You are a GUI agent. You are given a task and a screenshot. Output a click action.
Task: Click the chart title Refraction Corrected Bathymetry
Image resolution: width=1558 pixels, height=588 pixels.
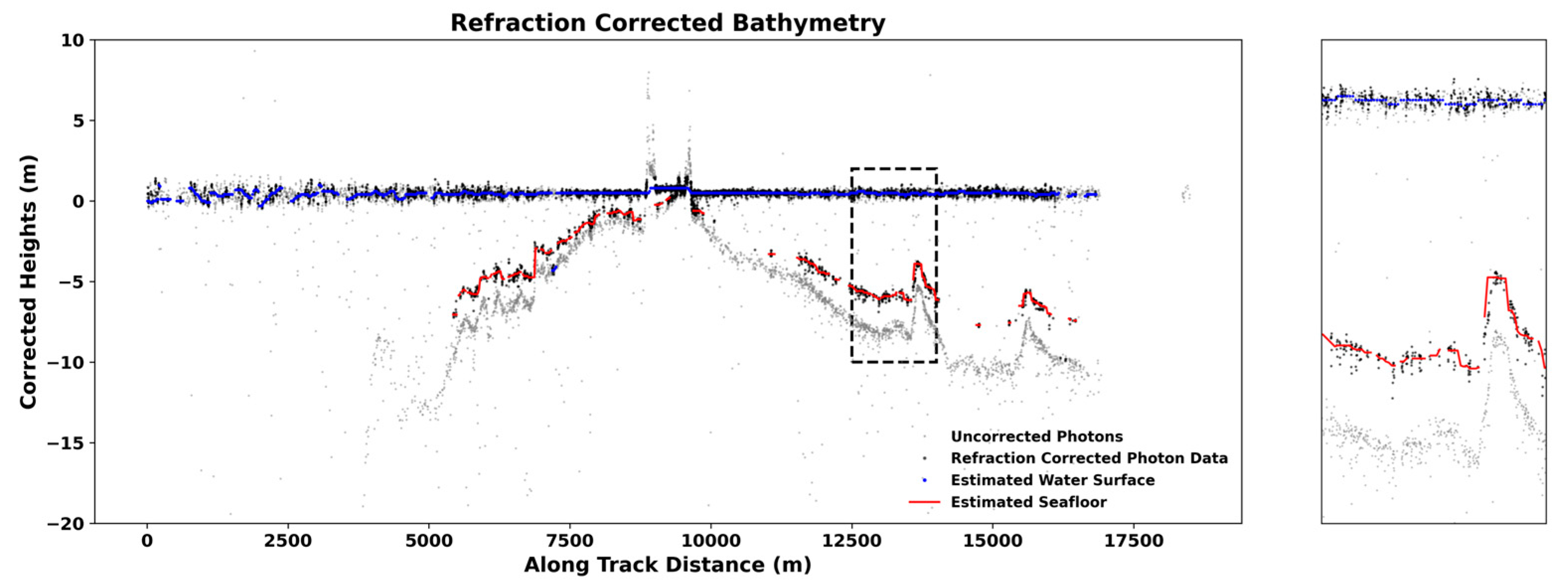click(x=667, y=23)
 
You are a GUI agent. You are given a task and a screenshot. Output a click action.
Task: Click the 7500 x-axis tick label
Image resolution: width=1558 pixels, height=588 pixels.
click(x=569, y=541)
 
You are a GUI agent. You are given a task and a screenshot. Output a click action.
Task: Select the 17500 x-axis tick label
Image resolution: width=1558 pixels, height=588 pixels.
click(x=1133, y=541)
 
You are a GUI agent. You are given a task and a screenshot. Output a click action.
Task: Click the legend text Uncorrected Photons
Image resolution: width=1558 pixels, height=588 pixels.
click(x=1037, y=437)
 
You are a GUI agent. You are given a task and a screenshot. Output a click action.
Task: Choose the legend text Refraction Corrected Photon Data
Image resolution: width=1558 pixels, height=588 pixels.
click(x=1089, y=458)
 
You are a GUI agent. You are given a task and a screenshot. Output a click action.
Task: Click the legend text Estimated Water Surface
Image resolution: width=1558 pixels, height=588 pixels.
click(x=1052, y=480)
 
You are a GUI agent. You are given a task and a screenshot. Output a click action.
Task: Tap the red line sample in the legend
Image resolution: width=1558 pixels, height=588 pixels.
click(x=924, y=502)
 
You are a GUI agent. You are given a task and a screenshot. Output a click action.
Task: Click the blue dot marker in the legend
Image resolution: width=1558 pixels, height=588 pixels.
click(x=924, y=480)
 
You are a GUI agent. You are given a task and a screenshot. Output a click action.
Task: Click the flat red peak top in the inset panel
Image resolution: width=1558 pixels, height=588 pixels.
click(x=1496, y=278)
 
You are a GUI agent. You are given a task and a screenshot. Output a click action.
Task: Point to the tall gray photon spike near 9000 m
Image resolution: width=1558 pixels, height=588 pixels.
click(x=648, y=91)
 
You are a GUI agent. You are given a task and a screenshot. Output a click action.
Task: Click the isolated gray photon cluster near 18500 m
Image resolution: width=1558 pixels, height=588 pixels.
click(x=1186, y=194)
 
